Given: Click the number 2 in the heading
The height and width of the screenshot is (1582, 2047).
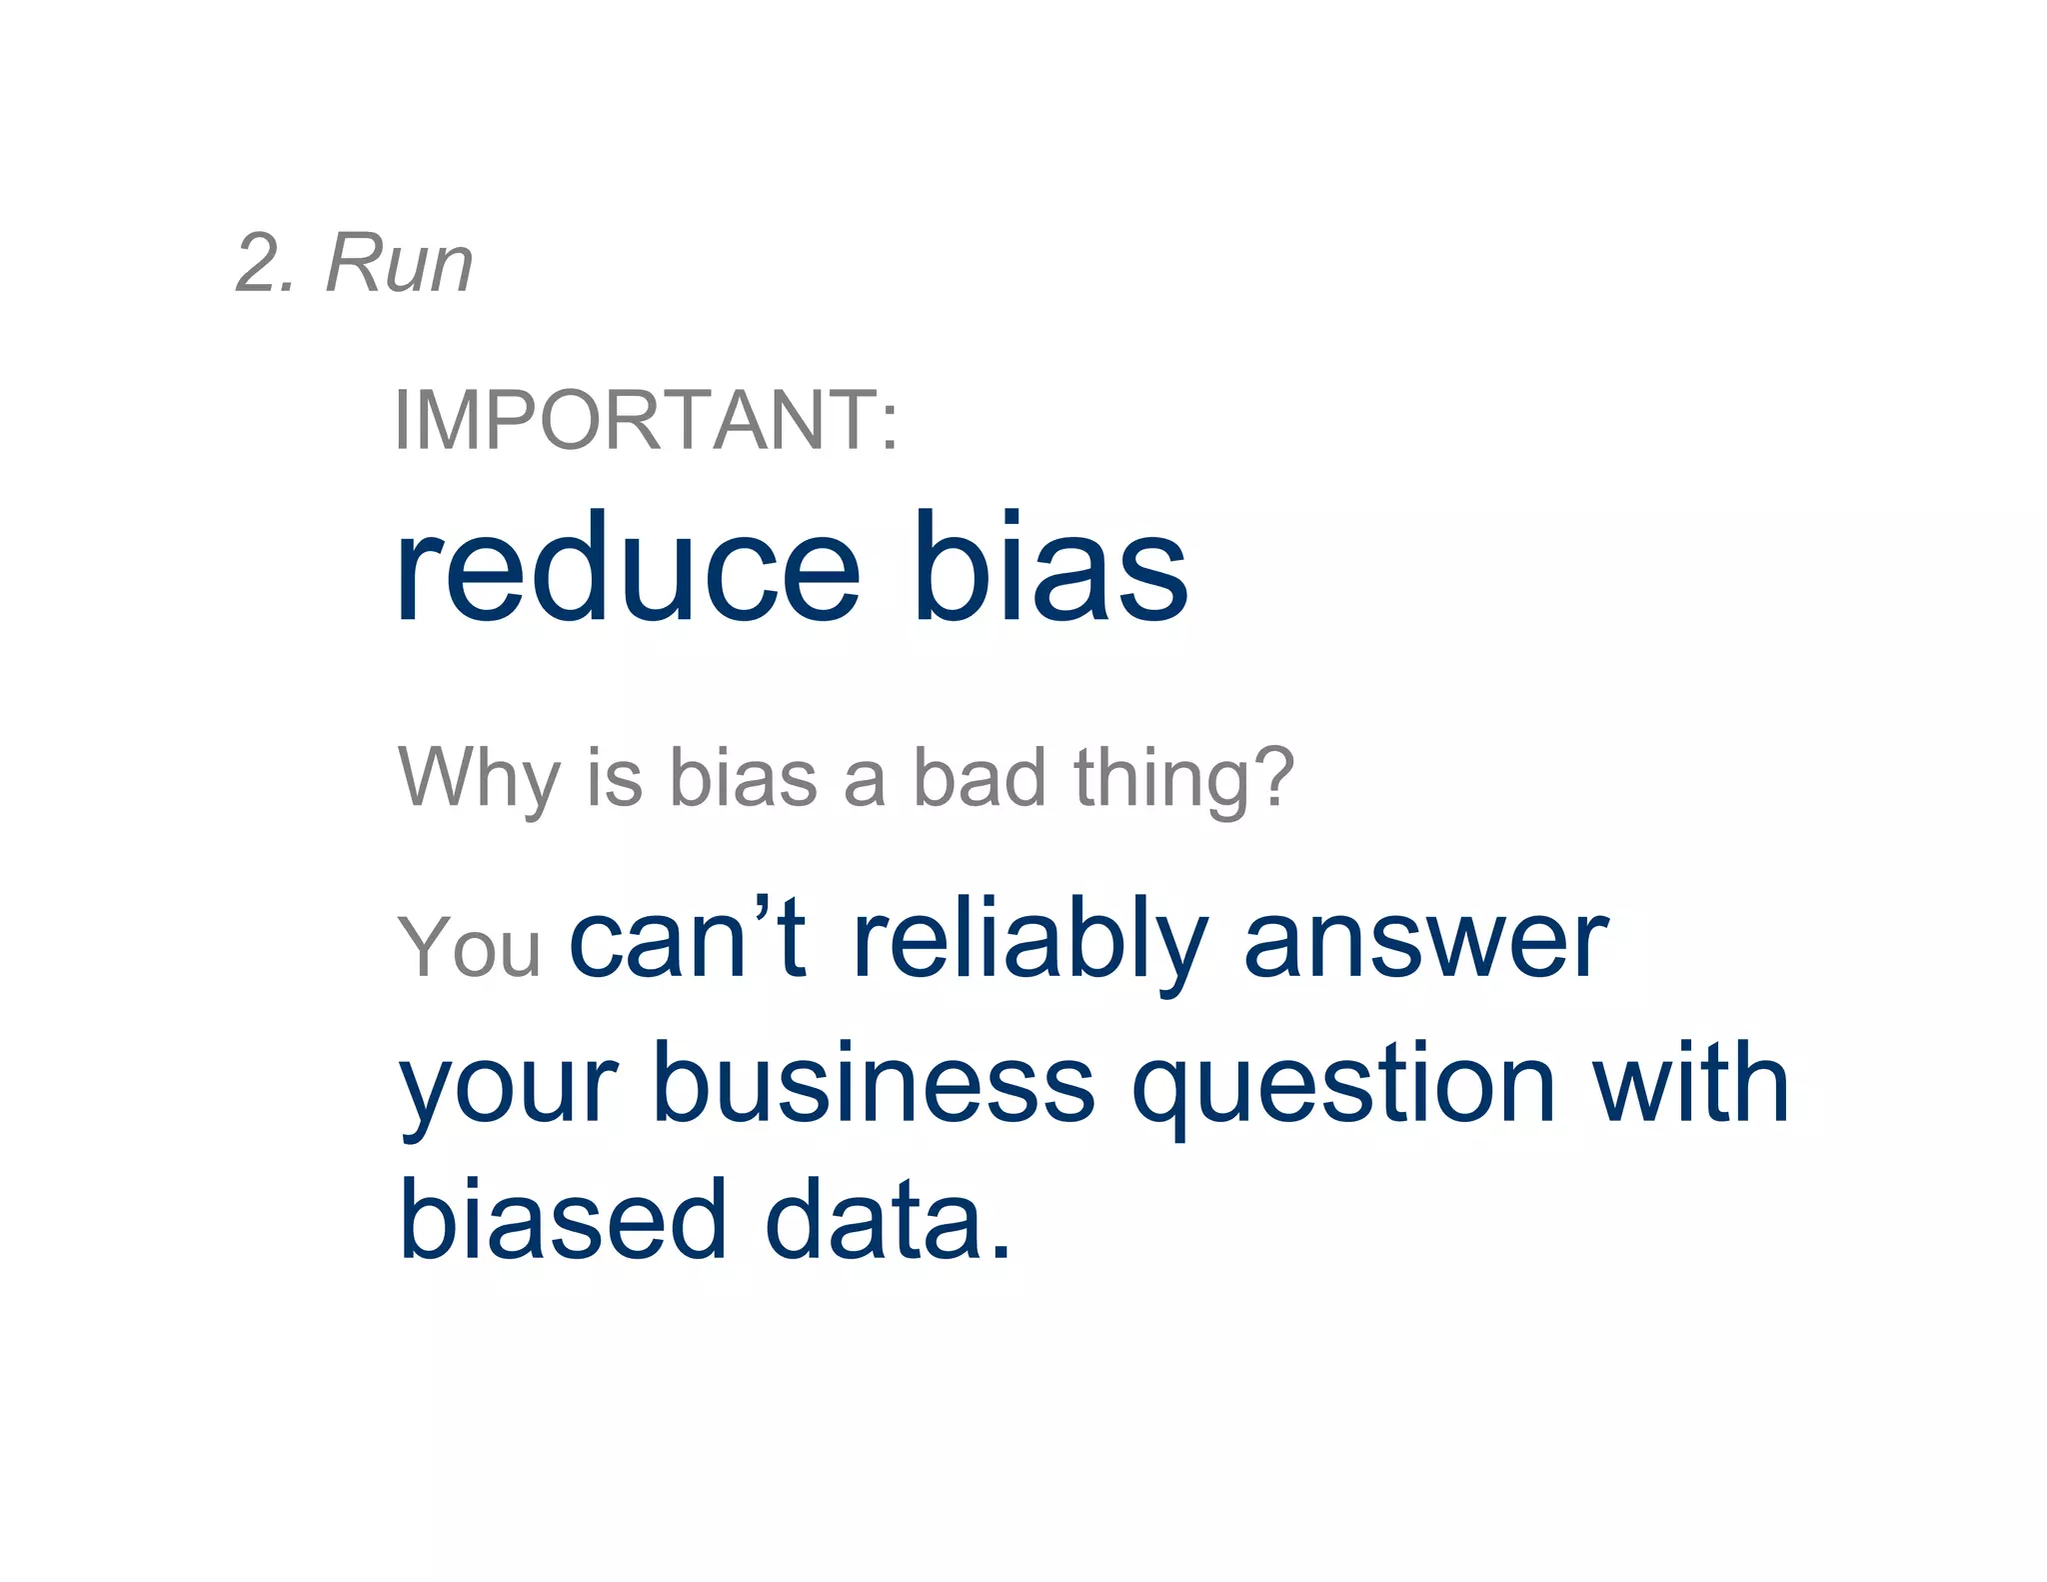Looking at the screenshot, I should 258,264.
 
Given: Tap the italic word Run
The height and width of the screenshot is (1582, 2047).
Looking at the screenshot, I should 399,264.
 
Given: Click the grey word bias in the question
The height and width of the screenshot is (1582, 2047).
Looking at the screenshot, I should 743,778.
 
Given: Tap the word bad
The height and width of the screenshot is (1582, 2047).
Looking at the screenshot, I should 981,778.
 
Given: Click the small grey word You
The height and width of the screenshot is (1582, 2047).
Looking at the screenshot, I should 469,947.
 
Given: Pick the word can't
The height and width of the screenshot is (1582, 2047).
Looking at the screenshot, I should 688,940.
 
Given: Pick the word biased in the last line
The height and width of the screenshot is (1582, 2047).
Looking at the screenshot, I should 563,1220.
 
